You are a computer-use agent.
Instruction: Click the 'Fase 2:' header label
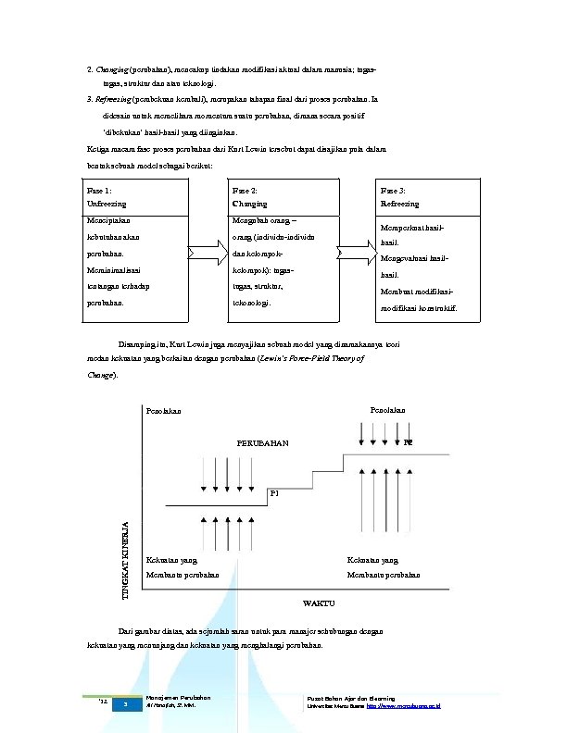coord(246,189)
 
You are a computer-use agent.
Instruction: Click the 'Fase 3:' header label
coord(394,189)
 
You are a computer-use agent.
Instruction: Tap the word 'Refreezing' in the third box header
coord(399,204)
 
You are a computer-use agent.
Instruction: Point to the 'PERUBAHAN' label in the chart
coord(263,443)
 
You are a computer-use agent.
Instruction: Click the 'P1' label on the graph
coord(274,492)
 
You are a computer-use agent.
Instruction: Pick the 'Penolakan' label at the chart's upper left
coord(164,410)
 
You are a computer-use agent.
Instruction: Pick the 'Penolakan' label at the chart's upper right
coord(388,407)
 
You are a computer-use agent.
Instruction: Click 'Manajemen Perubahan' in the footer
coord(179,697)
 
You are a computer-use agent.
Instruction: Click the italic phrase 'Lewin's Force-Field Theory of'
coord(309,357)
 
